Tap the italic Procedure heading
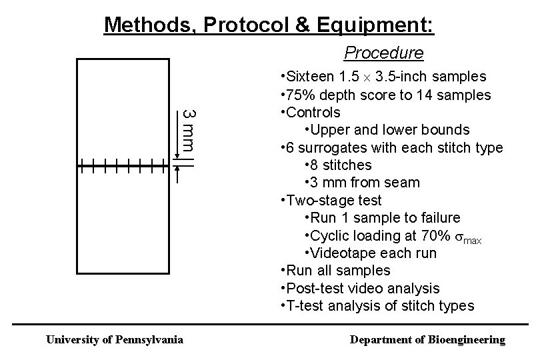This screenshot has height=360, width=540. (383, 52)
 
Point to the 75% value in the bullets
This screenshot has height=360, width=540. (301, 95)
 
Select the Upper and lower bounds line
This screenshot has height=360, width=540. (387, 129)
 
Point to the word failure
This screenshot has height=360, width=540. (439, 218)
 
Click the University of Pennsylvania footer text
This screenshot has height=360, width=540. (114, 340)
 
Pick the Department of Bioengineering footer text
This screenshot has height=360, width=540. (428, 340)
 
